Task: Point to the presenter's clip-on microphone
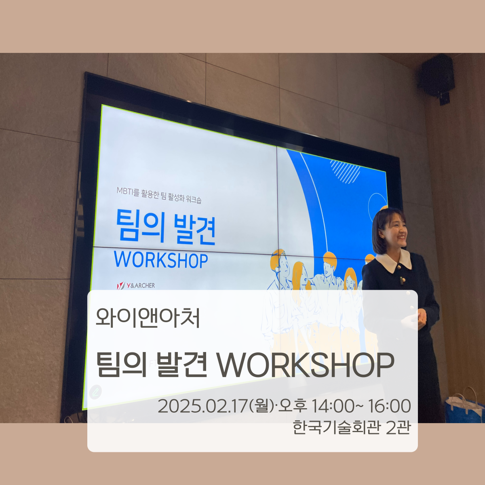402,280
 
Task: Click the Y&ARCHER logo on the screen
136,285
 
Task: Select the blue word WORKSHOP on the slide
161,259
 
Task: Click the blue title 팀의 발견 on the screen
166,228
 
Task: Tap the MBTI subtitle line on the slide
159,195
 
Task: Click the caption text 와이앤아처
148,318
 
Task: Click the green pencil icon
95,392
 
